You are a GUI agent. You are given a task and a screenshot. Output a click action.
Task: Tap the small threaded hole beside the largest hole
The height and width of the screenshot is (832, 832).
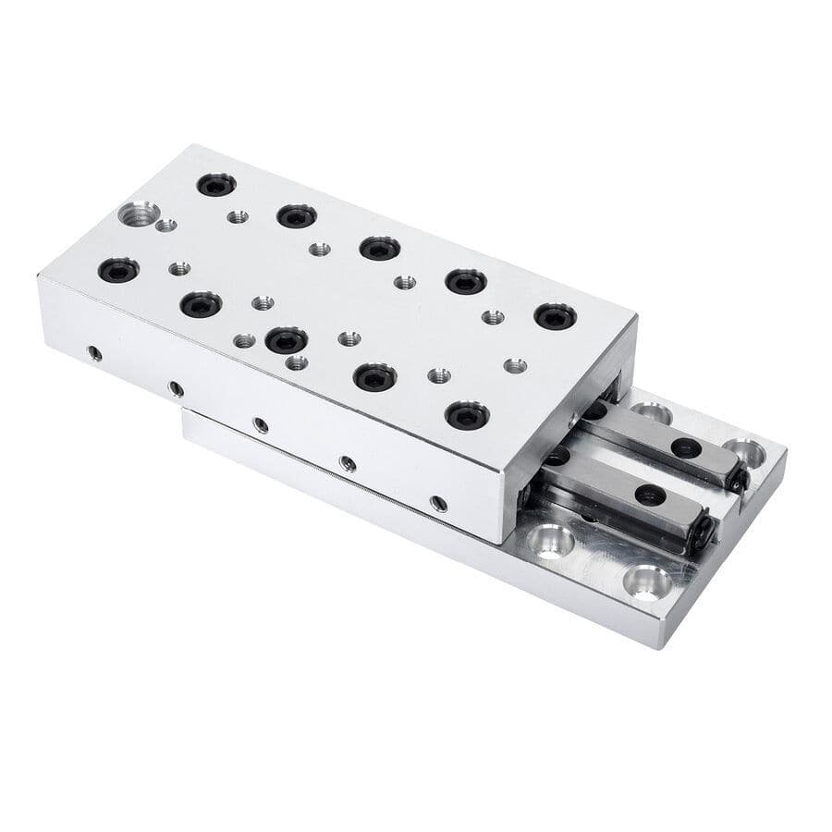pyautogui.click(x=166, y=225)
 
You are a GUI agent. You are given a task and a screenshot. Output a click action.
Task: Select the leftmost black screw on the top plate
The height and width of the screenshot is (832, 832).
pyautogui.click(x=118, y=270)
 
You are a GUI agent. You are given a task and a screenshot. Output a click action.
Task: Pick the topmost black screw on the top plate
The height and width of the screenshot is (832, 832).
pyautogui.click(x=216, y=185)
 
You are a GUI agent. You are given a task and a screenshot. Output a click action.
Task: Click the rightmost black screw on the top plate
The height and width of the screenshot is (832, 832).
pyautogui.click(x=555, y=316)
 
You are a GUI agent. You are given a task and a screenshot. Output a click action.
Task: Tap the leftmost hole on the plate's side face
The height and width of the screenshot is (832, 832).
pyautogui.click(x=93, y=352)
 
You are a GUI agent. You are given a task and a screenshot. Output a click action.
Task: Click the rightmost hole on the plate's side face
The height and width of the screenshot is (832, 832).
pyautogui.click(x=438, y=504)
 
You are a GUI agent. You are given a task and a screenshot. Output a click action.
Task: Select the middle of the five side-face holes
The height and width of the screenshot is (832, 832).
pyautogui.click(x=262, y=425)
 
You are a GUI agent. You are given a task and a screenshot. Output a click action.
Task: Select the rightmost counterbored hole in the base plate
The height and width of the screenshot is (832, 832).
pyautogui.click(x=745, y=453)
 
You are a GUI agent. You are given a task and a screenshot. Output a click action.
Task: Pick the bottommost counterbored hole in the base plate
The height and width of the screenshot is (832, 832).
pyautogui.click(x=646, y=581)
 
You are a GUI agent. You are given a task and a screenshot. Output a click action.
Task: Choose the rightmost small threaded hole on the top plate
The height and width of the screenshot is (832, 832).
pyautogui.click(x=516, y=365)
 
